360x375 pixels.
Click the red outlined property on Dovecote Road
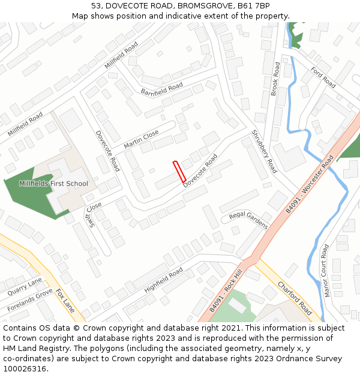coord(179,172)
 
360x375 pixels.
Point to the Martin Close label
coord(141,140)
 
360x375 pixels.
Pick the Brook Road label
coord(275,79)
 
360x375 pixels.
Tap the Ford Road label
coord(323,77)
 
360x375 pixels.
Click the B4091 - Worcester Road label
coord(310,184)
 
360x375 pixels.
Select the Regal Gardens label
coord(248,220)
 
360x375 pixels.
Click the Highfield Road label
coord(163,280)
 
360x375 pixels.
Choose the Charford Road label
coord(294,298)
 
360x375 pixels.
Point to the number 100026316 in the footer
coord(25,368)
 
